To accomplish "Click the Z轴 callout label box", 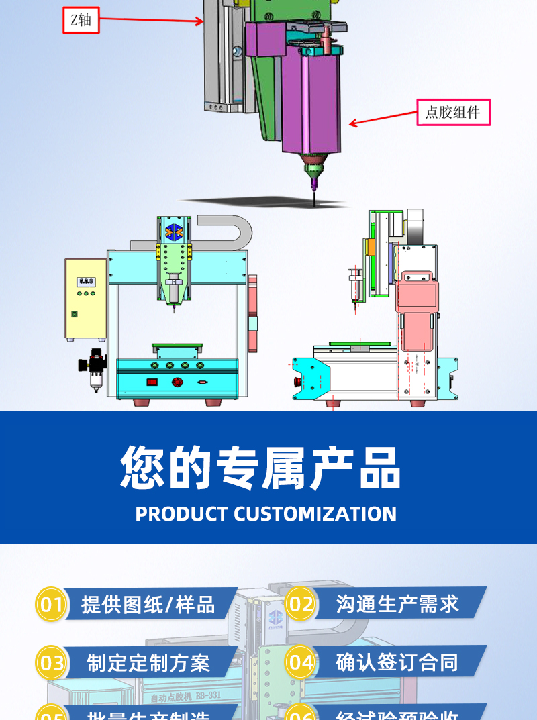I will pos(81,20).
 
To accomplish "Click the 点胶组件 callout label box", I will pos(453,112).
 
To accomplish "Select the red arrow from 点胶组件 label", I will pos(383,117).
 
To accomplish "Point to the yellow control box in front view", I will pos(86,299).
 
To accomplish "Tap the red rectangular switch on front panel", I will pos(152,382).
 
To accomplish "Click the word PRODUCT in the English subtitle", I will pos(181,514).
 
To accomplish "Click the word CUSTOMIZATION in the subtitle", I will pos(315,514).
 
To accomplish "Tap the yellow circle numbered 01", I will pos(51,605).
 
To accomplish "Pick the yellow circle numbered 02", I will pos(301,604).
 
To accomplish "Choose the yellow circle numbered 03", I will pos(51,663).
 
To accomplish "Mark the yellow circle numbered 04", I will pos(301,663).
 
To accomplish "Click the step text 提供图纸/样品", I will pos(148,605).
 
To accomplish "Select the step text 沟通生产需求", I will pos(397,604).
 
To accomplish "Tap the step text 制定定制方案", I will pos(148,663).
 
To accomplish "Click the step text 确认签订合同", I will pos(397,663).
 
